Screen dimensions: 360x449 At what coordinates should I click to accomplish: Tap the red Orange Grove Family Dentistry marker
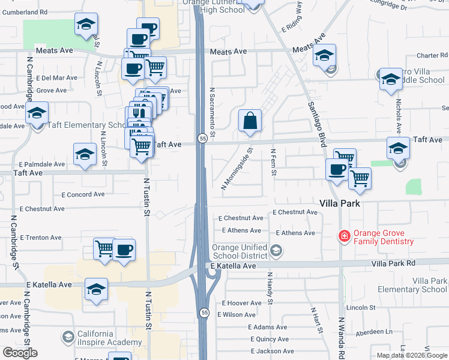pyautogui.click(x=344, y=236)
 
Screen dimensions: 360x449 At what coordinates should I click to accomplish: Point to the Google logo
pyautogui.click(x=20, y=353)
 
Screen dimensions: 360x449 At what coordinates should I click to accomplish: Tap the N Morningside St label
pyautogui.click(x=238, y=170)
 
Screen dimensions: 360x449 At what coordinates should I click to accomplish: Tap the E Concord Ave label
pyautogui.click(x=83, y=194)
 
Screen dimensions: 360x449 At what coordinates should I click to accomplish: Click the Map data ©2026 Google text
pyautogui.click(x=411, y=355)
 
